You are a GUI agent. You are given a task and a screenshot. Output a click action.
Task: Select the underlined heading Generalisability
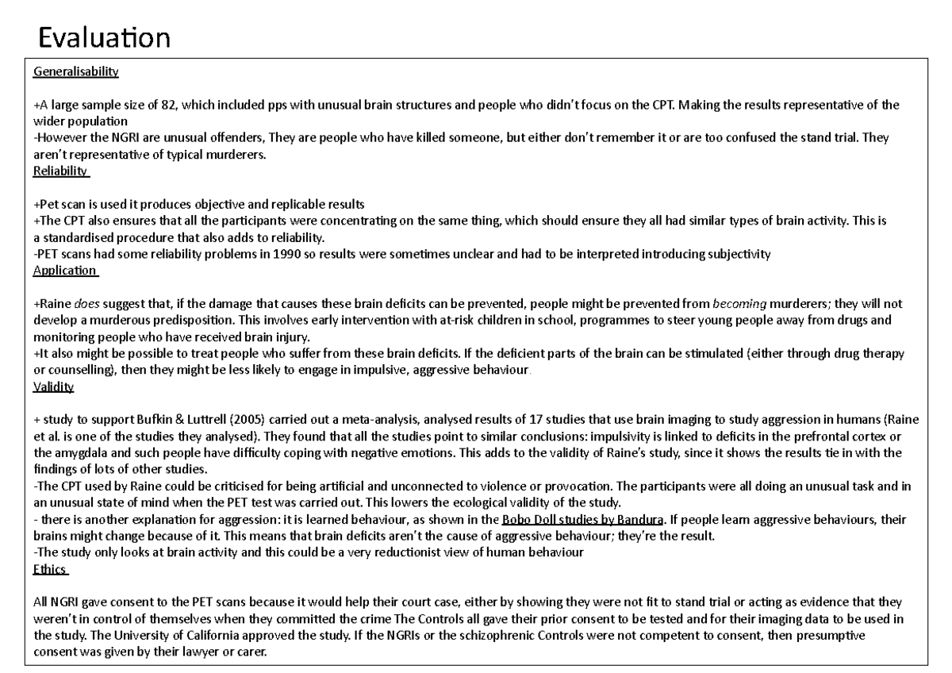[x=76, y=72]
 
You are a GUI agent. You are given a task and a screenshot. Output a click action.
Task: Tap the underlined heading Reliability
[x=61, y=171]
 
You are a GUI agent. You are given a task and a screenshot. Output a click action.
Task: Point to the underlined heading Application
[x=65, y=271]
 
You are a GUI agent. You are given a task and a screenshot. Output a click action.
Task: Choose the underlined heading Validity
[x=53, y=387]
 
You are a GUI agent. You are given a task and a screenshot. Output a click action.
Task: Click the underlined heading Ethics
[x=50, y=569]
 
